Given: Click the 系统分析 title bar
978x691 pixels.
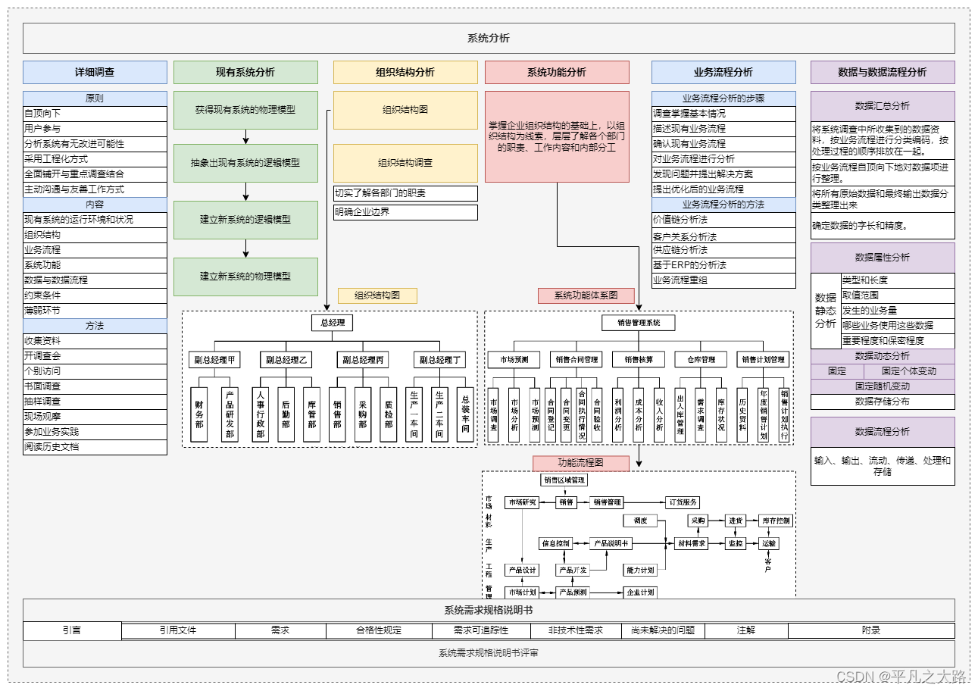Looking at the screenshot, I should pos(489,38).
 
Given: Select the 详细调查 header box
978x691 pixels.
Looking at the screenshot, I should pos(95,72).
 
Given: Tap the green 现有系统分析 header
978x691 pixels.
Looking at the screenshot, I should pos(245,72).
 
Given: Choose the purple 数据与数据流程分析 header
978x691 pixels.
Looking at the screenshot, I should pos(883,72).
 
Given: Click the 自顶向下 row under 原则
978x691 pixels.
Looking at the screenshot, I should pos(95,114).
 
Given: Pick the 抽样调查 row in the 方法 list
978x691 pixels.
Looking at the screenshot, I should pos(95,402).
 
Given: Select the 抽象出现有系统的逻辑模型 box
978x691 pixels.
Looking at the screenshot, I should pos(245,163).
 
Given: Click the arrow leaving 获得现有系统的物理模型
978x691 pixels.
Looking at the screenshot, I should pos(245,136).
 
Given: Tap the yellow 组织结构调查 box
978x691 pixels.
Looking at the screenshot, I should pos(405,163).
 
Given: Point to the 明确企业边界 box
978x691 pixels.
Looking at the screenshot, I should pos(405,212).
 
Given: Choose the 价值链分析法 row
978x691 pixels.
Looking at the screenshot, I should pos(723,220).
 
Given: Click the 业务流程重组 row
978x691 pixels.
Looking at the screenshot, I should pos(723,280).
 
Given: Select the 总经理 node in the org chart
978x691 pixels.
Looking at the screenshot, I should pos(332,323).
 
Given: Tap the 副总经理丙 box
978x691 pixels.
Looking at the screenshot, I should pos(363,360).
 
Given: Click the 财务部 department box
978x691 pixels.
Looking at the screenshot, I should pos(199,414).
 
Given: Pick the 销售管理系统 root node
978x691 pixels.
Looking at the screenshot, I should pos(638,323).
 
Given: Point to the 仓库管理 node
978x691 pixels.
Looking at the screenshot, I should pos(700,360).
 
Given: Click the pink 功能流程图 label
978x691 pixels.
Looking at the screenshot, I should pos(581,462).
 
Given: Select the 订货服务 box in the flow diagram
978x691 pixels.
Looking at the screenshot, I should pos(683,502).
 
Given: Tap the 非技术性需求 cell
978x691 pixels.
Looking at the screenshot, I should pos(576,630).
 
